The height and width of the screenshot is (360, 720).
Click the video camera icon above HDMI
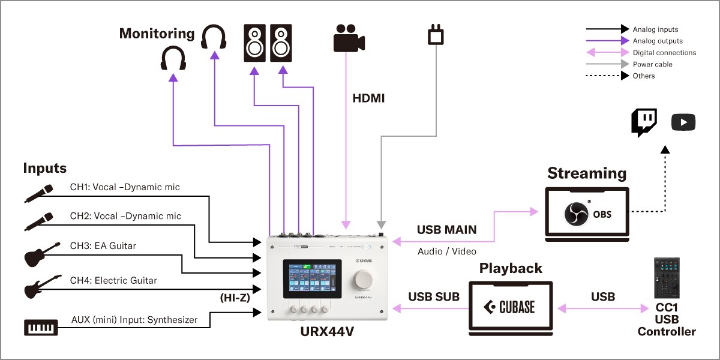[349, 38]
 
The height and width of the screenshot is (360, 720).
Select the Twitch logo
[643, 122]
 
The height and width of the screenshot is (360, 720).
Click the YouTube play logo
[683, 123]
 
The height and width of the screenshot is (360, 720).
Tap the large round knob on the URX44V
[364, 279]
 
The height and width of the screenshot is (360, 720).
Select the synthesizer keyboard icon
[41, 327]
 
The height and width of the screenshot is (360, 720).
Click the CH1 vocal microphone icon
[39, 192]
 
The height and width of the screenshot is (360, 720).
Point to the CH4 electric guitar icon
[42, 286]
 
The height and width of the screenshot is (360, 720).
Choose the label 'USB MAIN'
[446, 230]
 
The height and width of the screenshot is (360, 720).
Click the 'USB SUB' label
[434, 296]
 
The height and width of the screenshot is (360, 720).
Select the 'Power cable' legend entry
[652, 64]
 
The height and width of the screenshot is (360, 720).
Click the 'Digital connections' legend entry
[664, 53]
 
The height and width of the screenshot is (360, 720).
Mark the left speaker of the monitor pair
[254, 43]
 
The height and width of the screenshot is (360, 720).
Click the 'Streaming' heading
[586, 173]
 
